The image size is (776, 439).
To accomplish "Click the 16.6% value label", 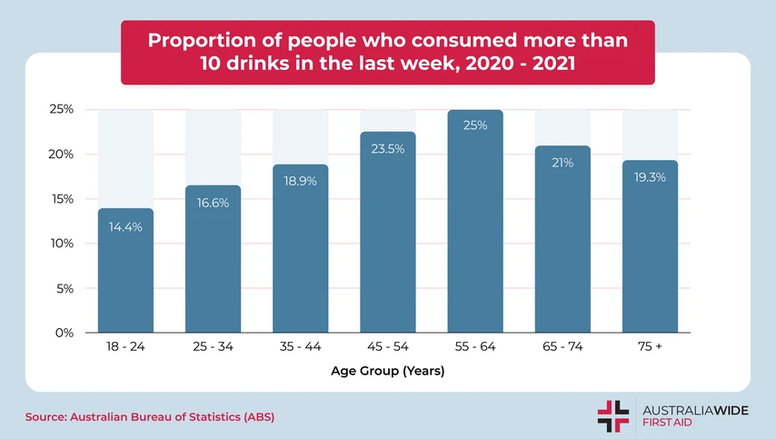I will tap(213, 203).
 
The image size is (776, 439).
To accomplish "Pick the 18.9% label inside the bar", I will tap(300, 182).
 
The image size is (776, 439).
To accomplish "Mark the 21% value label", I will tap(562, 163).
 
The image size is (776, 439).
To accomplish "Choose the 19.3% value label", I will tap(650, 177).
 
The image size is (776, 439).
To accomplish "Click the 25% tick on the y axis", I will tap(61, 110).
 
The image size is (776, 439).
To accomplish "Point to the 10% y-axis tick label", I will tap(61, 244).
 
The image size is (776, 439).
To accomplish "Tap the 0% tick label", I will tap(64, 333).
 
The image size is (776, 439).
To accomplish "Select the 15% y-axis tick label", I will tap(61, 199).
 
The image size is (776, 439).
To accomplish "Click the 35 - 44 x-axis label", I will tap(300, 347).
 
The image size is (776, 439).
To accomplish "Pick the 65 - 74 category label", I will tap(562, 347).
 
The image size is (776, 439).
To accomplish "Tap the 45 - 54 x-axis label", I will tap(388, 347).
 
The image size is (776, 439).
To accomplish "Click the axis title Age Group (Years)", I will tap(387, 371).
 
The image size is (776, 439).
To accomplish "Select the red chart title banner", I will tap(388, 53).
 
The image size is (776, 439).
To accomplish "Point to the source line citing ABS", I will tap(149, 416).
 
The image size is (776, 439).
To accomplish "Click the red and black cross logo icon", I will tap(612, 415).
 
